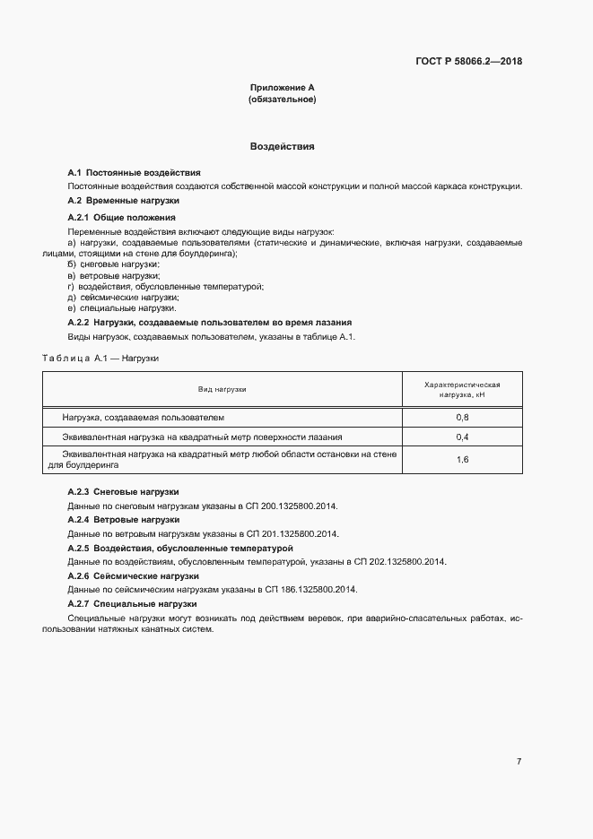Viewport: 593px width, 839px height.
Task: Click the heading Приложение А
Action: (282, 88)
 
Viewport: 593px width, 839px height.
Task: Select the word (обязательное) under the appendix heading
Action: (282, 99)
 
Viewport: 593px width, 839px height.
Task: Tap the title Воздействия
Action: (282, 145)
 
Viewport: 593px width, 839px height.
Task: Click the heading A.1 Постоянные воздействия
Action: (134, 172)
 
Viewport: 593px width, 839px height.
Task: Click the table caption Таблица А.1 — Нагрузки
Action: (100, 358)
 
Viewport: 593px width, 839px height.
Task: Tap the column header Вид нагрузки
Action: (222, 389)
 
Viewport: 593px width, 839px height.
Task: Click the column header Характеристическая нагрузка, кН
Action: (462, 389)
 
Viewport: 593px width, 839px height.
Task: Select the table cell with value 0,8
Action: (462, 418)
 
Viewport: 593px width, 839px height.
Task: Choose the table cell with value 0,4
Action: (462, 437)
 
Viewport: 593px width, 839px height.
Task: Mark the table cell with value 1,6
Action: (462, 460)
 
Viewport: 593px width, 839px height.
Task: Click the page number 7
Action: (519, 762)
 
